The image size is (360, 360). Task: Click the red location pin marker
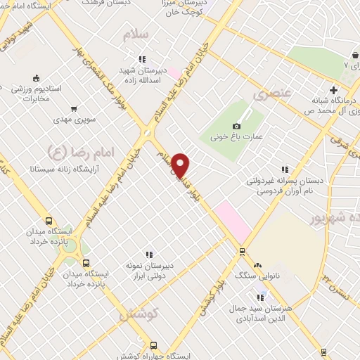(181, 165)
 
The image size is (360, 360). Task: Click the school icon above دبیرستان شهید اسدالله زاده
(142, 59)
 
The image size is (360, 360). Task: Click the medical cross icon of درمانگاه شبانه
(334, 89)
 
